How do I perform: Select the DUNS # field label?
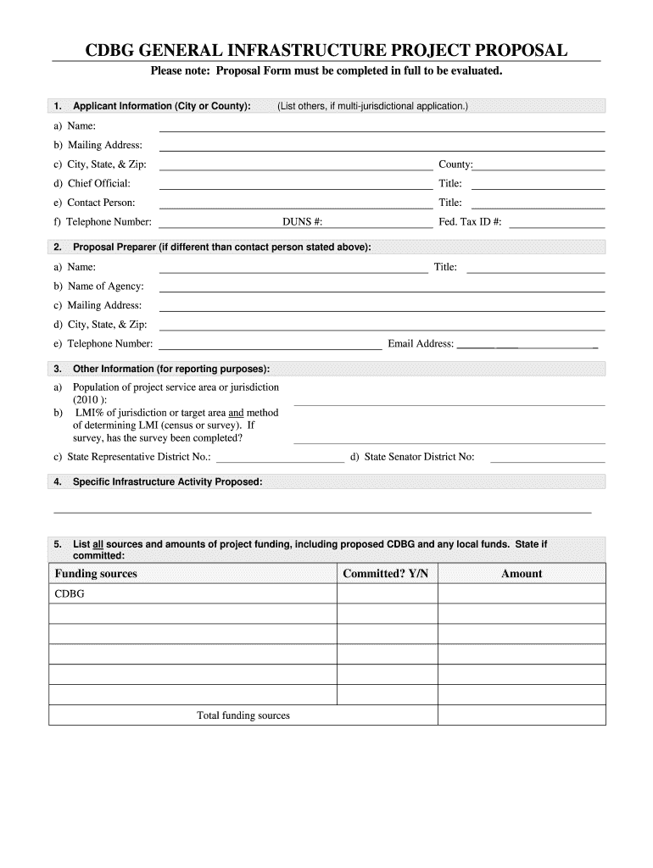point(302,222)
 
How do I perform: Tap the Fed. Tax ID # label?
point(470,222)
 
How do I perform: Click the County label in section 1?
point(455,164)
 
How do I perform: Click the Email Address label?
point(421,343)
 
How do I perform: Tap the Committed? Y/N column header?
point(386,574)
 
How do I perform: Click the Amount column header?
point(522,574)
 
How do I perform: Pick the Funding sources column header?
point(96,574)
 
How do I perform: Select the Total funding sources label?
point(243,715)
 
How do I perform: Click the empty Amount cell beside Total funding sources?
point(522,715)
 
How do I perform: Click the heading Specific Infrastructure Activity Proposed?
point(168,482)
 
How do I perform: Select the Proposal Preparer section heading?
point(222,248)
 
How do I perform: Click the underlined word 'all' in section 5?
point(98,543)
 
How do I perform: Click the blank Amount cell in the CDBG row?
point(522,594)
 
